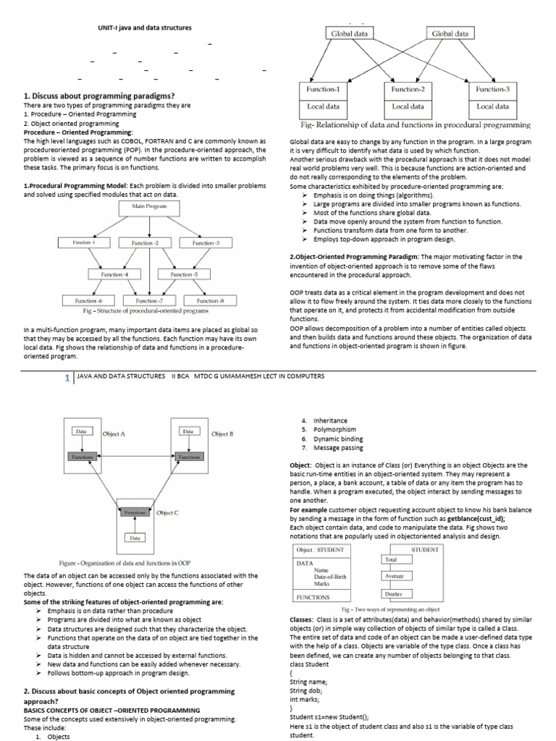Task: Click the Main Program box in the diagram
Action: [149, 206]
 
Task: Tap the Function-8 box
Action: [208, 300]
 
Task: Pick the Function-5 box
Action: [182, 274]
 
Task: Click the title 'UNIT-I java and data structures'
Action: [145, 27]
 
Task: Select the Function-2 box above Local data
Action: [408, 88]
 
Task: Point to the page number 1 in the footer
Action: [67, 377]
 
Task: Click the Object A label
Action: [114, 434]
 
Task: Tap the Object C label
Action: [167, 512]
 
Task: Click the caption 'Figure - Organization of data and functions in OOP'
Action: [125, 562]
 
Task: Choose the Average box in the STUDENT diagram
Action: [395, 576]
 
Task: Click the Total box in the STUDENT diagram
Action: [391, 559]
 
